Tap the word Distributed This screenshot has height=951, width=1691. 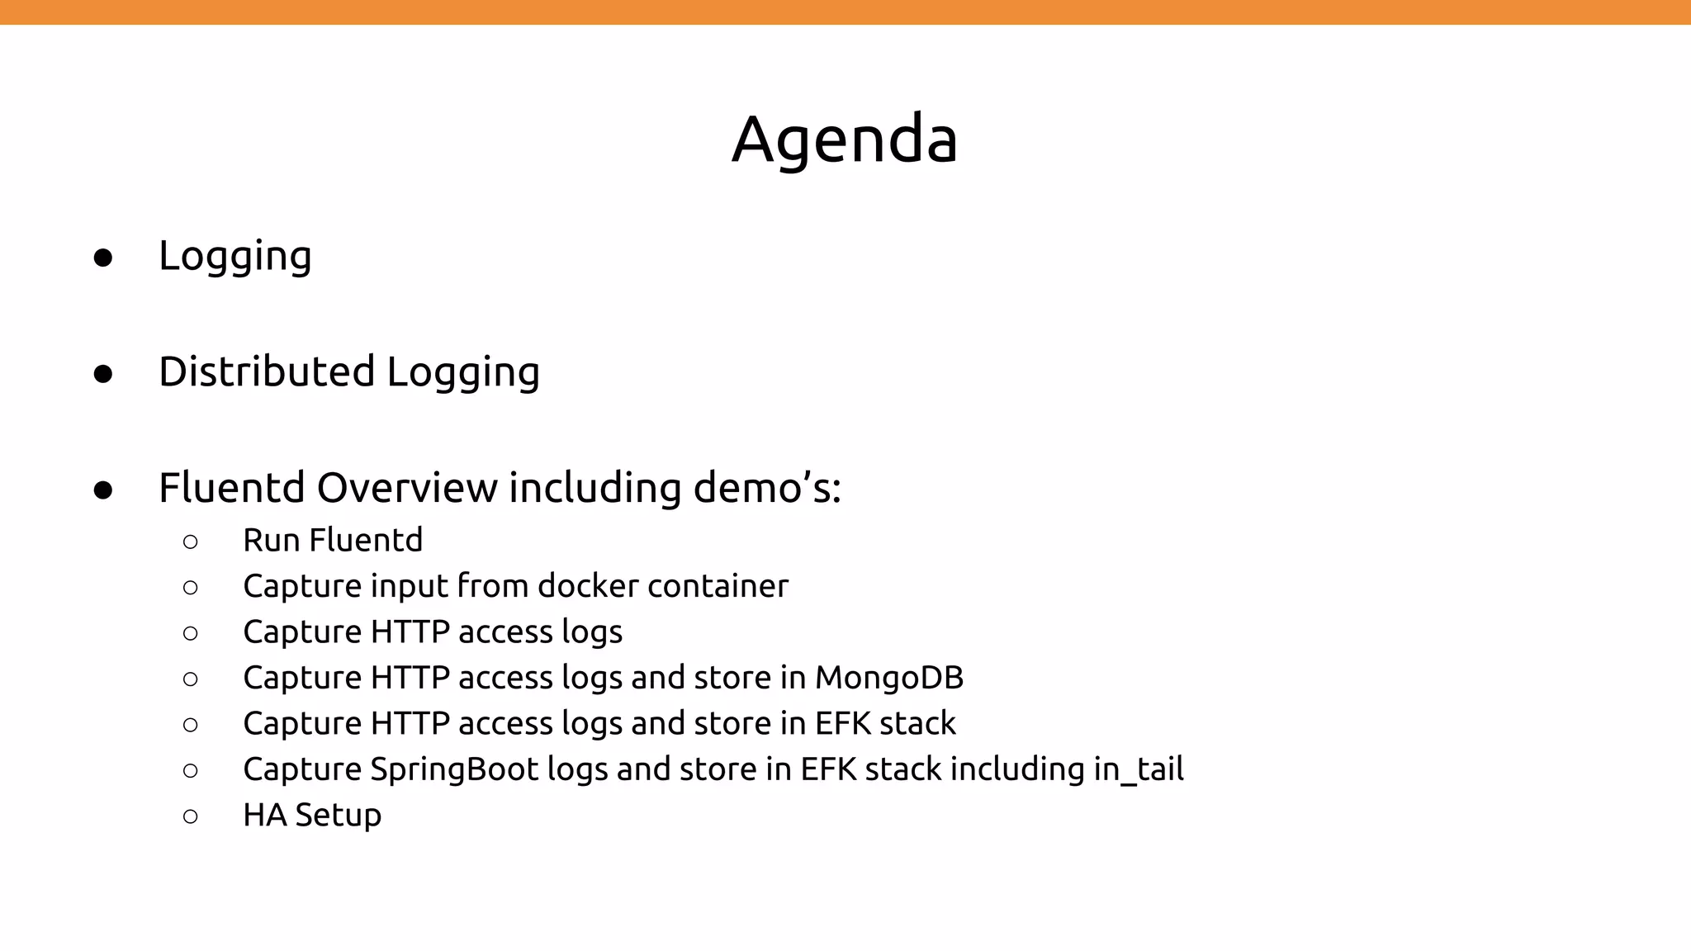pyautogui.click(x=267, y=371)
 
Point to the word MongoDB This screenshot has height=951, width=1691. pyautogui.click(x=889, y=678)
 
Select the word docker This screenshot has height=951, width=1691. pyautogui.click(x=588, y=586)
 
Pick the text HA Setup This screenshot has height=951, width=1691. pyautogui.click(x=312, y=816)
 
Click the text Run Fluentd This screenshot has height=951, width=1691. pyautogui.click(x=333, y=541)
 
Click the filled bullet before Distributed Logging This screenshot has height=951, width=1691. pyautogui.click(x=103, y=374)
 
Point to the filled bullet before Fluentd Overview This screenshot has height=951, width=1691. pyautogui.click(x=103, y=490)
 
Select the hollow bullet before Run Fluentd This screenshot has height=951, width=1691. pyautogui.click(x=191, y=542)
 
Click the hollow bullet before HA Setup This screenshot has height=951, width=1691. pyautogui.click(x=191, y=817)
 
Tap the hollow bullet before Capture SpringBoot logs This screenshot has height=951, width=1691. pyautogui.click(x=191, y=771)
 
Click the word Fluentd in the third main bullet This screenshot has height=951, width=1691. pyautogui.click(x=232, y=487)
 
